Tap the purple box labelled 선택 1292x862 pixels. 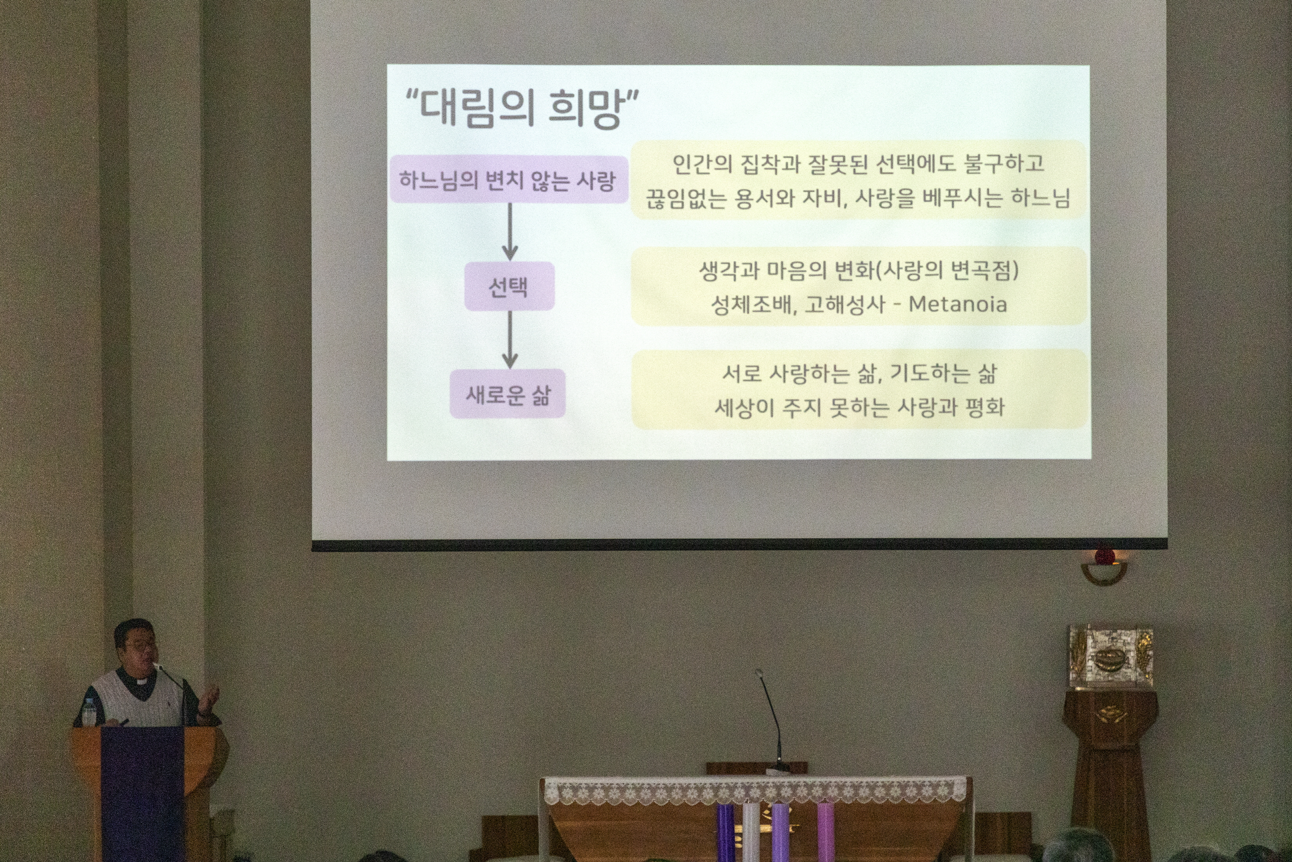pyautogui.click(x=509, y=286)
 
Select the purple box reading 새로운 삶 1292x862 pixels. pyautogui.click(x=508, y=394)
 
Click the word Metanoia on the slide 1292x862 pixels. pyautogui.click(x=957, y=304)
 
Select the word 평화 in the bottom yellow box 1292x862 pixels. pyautogui.click(x=984, y=407)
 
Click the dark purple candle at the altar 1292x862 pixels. pyautogui.click(x=725, y=832)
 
